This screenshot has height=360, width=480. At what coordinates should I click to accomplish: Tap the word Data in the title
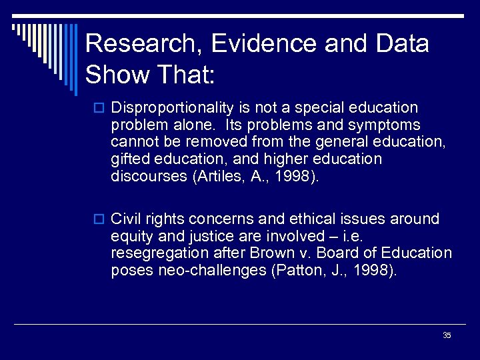click(x=404, y=45)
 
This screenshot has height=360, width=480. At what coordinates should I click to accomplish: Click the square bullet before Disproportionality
click(x=101, y=108)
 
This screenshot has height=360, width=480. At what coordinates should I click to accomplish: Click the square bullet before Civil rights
click(x=101, y=219)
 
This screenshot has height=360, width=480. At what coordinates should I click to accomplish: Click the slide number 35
click(x=447, y=335)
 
